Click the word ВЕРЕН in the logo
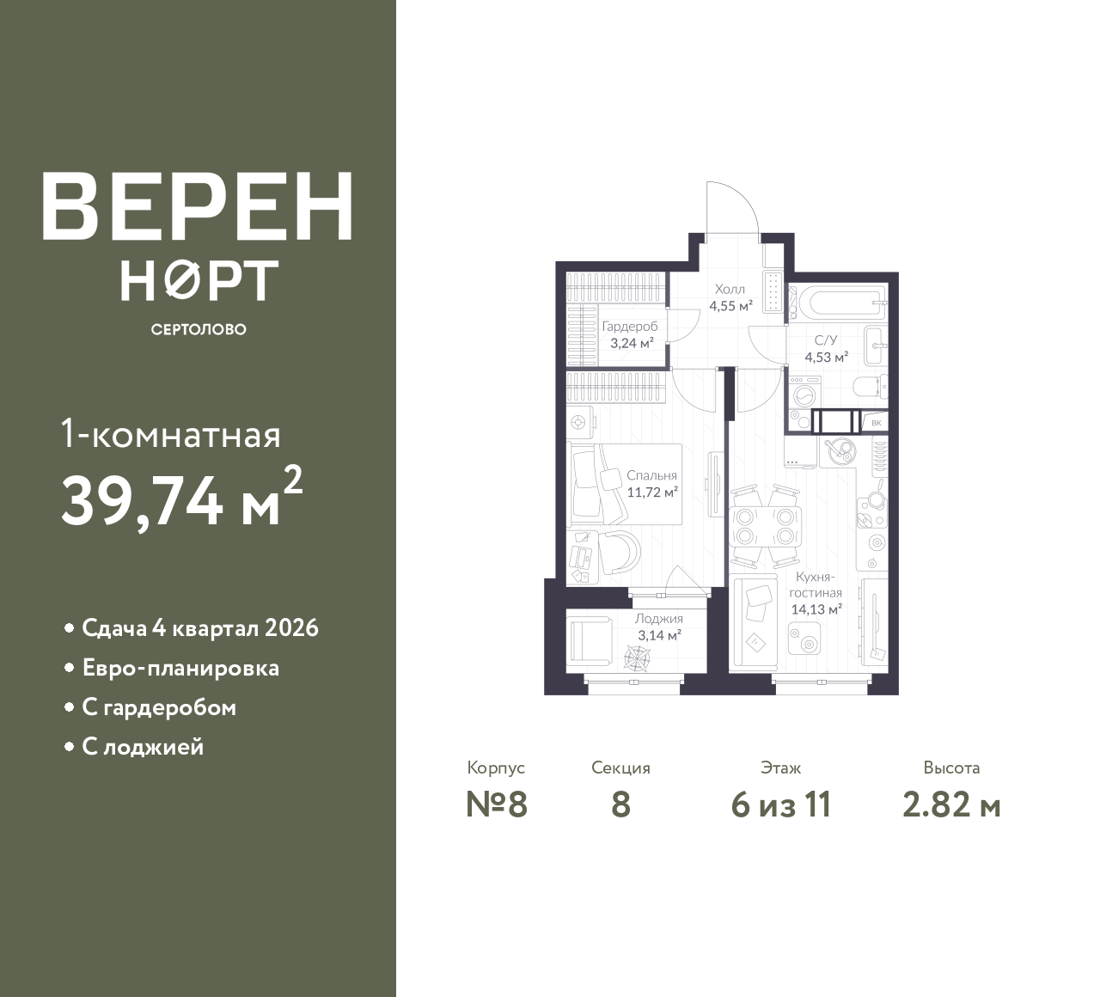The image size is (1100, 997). point(198,206)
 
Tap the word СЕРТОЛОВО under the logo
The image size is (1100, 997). point(199,329)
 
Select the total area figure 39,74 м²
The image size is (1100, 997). point(182,499)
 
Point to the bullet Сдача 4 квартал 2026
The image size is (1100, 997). point(200,628)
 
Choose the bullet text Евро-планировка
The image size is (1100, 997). point(180,668)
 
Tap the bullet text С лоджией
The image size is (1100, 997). point(143,747)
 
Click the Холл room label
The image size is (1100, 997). point(730,289)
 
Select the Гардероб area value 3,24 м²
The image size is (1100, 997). point(632,343)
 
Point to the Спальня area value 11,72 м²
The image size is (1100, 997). point(652,492)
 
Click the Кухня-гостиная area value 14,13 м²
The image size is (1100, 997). point(817,609)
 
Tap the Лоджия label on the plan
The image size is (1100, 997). point(659,619)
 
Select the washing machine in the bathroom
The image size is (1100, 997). point(805,393)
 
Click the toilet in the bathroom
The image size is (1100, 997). point(871,387)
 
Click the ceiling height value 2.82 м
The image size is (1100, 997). point(952,805)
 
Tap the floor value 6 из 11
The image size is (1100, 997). point(781,805)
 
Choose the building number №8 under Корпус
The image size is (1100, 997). point(497,805)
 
